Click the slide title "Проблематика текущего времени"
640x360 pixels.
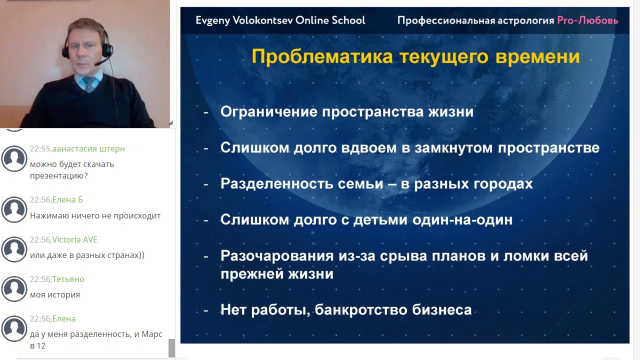tap(415, 56)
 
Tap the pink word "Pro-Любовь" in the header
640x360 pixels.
tap(587, 20)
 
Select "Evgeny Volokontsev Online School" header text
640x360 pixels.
tap(280, 20)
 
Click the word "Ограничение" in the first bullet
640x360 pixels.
tap(268, 111)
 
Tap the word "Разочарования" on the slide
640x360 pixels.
tap(276, 256)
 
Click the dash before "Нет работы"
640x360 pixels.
tap(206, 310)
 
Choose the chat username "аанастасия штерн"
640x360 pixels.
tap(88, 149)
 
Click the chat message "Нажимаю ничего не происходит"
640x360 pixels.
tap(95, 216)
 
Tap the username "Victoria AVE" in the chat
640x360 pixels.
tap(74, 239)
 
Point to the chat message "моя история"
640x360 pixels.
tap(55, 295)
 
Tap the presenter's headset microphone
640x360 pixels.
tap(97, 63)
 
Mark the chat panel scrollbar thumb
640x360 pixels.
tap(171, 348)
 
